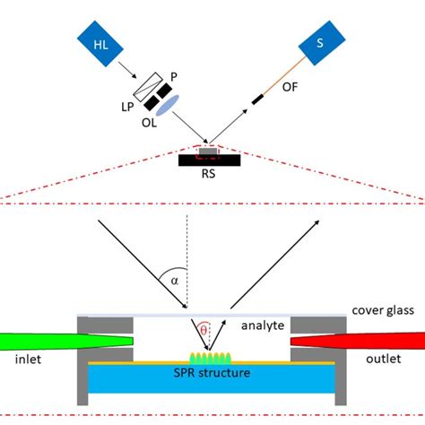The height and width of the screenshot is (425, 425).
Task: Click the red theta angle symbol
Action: [x=204, y=330]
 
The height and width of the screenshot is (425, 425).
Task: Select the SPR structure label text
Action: [x=212, y=372]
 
